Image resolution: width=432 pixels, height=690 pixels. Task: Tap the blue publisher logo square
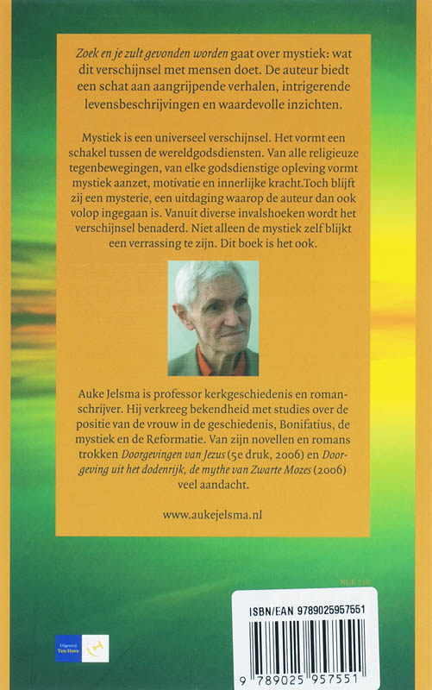pyautogui.click(x=67, y=648)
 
